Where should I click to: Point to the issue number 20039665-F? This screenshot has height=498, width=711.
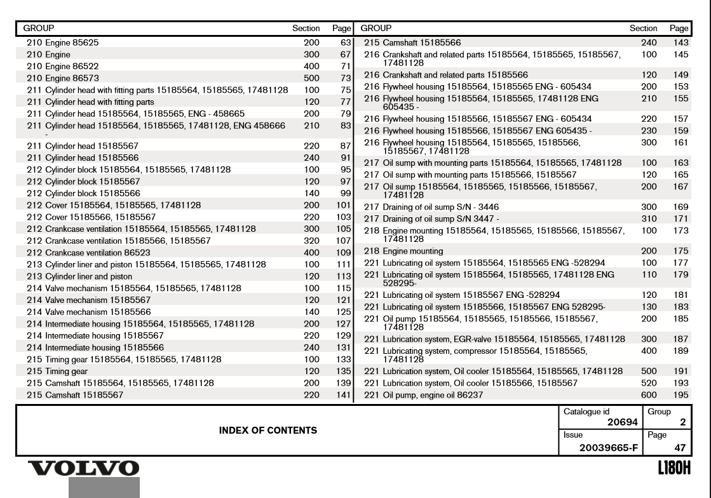coord(602,447)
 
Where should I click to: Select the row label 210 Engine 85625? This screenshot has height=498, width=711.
coord(62,43)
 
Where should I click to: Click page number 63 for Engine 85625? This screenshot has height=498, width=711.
coord(346,43)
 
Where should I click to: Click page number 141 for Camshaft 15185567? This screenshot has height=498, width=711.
coord(344,395)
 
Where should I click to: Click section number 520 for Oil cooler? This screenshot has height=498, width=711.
coord(648,384)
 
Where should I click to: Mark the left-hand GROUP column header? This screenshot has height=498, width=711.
coord(39,29)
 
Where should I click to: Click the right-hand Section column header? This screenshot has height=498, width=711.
coord(643,29)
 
